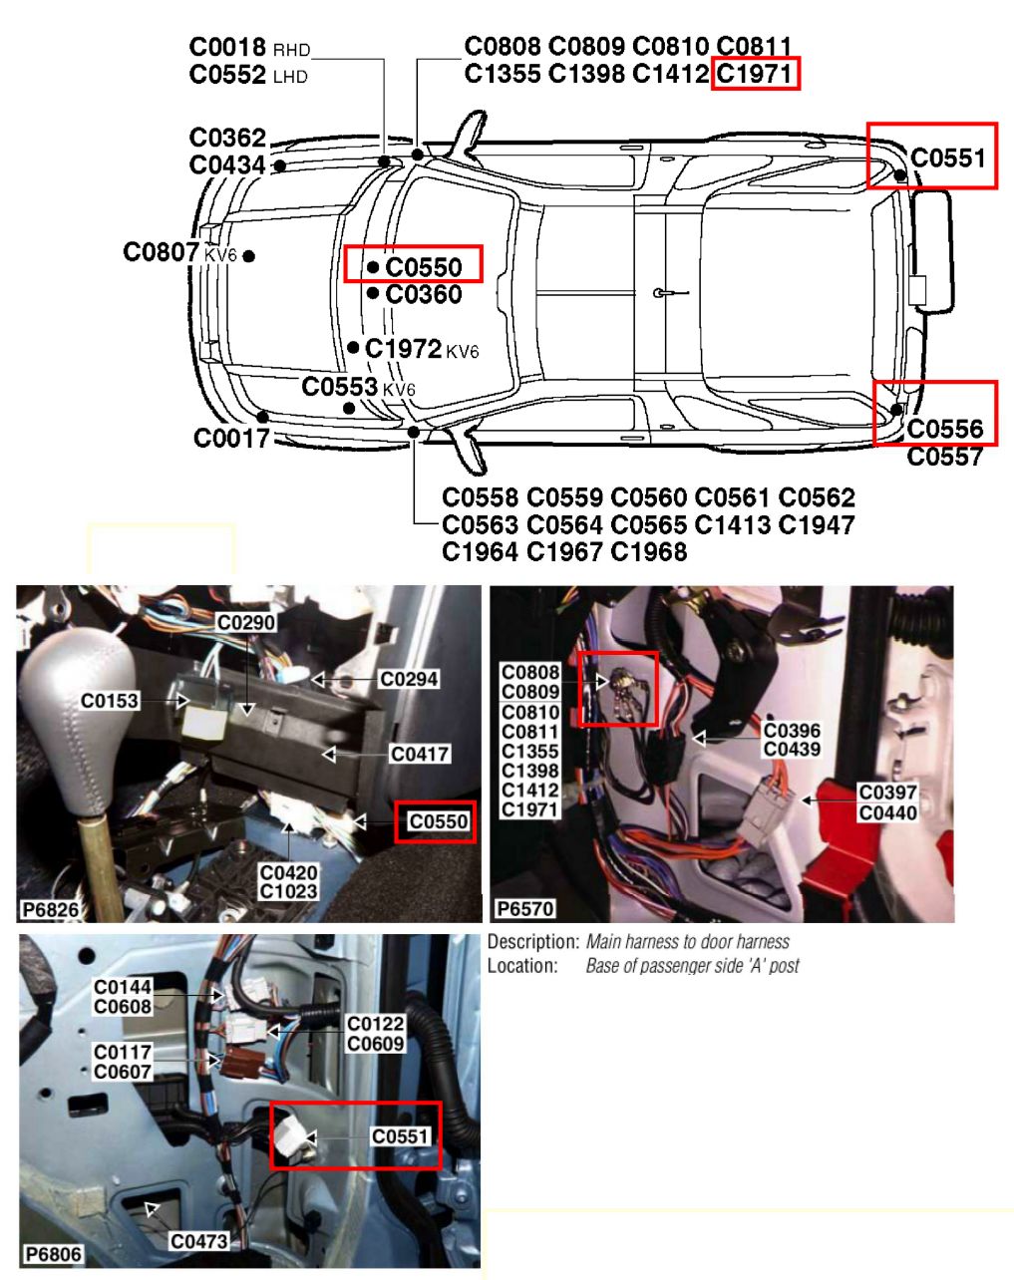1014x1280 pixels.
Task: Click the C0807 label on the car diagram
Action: pyautogui.click(x=161, y=252)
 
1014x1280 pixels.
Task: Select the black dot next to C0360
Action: pyautogui.click(x=373, y=293)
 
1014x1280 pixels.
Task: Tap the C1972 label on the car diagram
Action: pyautogui.click(x=403, y=349)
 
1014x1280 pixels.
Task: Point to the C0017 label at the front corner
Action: pyautogui.click(x=231, y=439)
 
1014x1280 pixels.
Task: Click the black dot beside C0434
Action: pyautogui.click(x=280, y=165)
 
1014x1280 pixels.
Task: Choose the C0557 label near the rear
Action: pyautogui.click(x=945, y=457)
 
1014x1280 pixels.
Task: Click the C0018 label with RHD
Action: pyautogui.click(x=227, y=47)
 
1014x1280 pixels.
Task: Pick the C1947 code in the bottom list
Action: pyautogui.click(x=817, y=524)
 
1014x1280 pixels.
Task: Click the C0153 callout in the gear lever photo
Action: pyautogui.click(x=110, y=701)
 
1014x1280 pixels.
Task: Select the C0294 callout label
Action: pyautogui.click(x=409, y=679)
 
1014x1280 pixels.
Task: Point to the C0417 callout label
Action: pyautogui.click(x=420, y=754)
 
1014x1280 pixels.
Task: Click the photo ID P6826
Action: pyautogui.click(x=50, y=909)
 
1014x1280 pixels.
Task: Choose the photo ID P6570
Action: pyautogui.click(x=524, y=909)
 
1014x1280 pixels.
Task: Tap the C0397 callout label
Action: pyautogui.click(x=887, y=793)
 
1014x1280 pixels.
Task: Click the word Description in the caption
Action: pyautogui.click(x=532, y=942)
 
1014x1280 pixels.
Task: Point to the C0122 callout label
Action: pyautogui.click(x=376, y=1024)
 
